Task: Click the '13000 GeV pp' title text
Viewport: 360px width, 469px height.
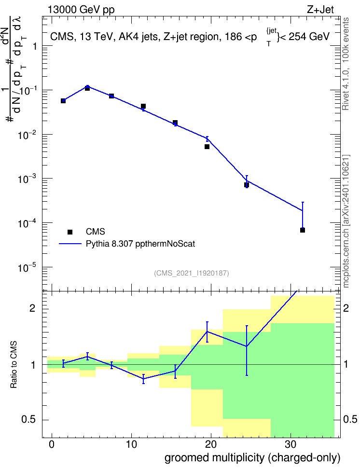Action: pos(81,10)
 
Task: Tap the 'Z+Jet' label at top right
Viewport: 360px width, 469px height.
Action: pos(320,10)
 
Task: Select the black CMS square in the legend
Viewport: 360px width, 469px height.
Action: pos(70,232)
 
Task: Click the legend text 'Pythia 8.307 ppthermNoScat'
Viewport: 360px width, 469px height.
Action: pos(140,244)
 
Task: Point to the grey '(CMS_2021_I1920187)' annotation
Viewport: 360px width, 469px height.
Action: pos(192,273)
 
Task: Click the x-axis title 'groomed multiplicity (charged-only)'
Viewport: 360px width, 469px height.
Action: pos(252,458)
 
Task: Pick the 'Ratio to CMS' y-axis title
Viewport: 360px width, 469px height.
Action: pos(14,365)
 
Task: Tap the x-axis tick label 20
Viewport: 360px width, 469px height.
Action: pos(211,444)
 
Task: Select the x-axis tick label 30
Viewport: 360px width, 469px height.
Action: pos(291,444)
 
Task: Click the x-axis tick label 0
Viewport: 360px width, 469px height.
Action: pos(52,444)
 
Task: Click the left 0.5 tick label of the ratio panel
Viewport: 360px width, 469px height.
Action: pos(28,420)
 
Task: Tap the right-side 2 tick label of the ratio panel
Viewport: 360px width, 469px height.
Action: pos(346,308)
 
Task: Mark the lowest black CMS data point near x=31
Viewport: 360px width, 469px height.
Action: pos(303,230)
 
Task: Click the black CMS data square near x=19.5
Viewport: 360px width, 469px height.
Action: pos(207,147)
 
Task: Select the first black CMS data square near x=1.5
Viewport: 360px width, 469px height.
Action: pos(63,101)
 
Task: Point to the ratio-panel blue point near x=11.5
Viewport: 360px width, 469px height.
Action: pos(143,379)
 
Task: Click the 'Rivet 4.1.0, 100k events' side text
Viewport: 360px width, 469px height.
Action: pos(346,64)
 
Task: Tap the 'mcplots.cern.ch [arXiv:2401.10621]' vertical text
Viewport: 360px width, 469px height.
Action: pos(346,221)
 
